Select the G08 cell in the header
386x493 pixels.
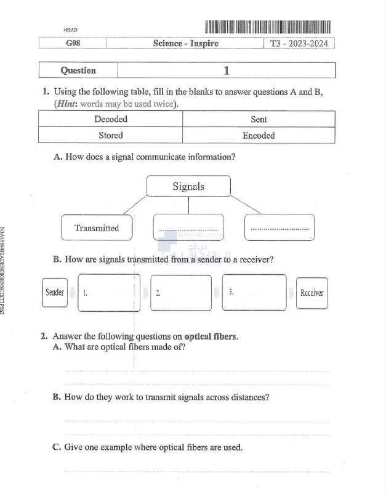[73, 43]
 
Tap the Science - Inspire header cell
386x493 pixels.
[185, 43]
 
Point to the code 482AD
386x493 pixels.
[71, 30]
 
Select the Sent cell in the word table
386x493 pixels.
[259, 119]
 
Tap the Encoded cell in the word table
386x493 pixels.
[259, 135]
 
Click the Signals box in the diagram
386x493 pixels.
[188, 186]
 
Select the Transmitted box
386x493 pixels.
[97, 228]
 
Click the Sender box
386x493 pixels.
[55, 292]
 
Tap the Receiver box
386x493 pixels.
[312, 293]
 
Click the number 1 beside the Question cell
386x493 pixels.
[226, 70]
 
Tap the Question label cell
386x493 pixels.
[78, 70]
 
